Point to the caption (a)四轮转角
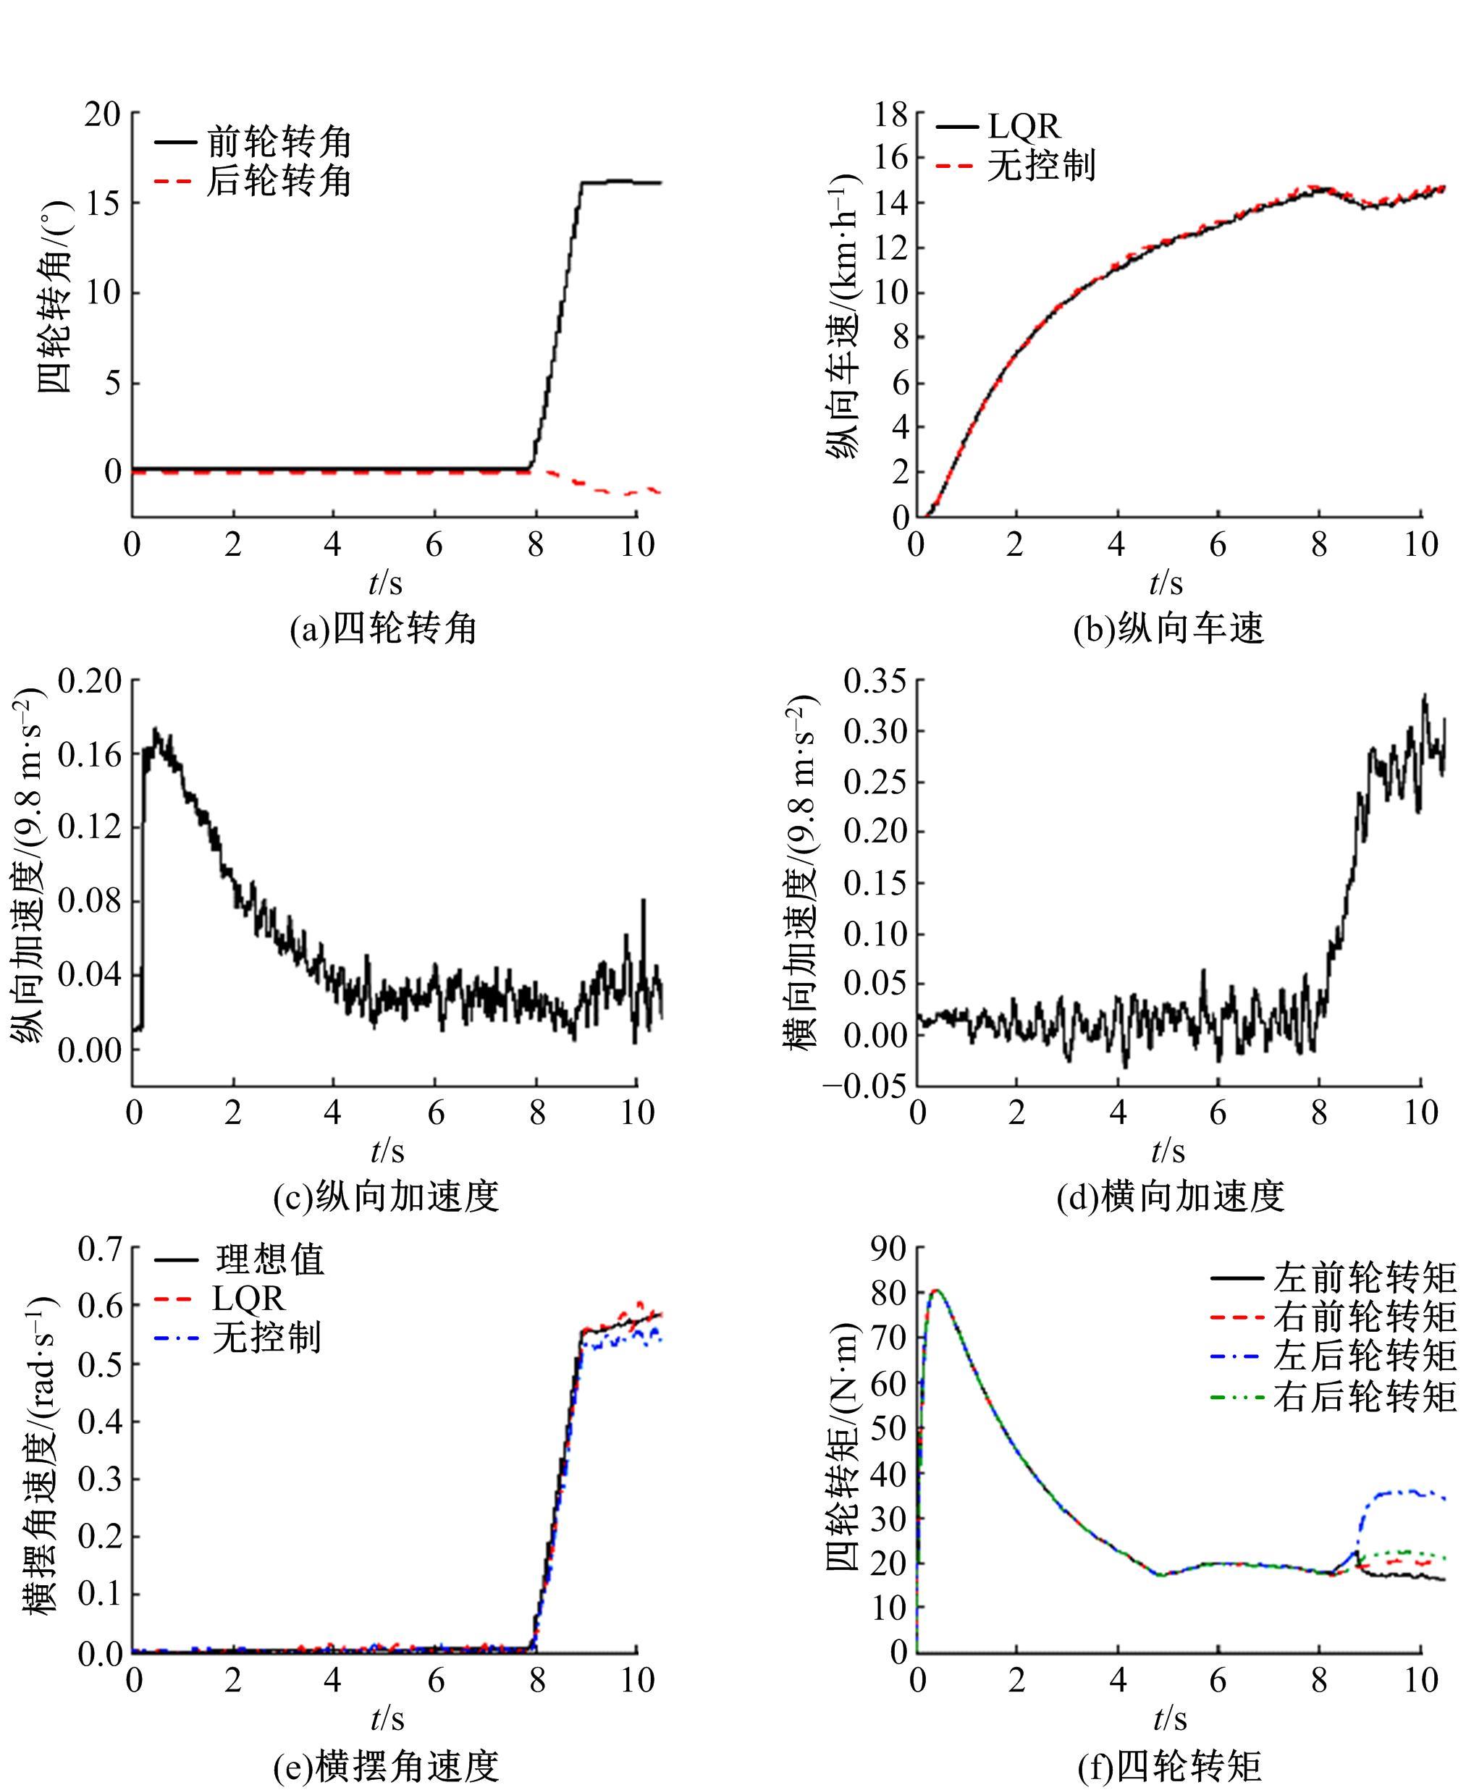pyautogui.click(x=384, y=628)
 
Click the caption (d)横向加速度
pyautogui.click(x=1171, y=1196)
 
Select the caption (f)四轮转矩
pyautogui.click(x=1170, y=1765)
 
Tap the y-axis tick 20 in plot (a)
pyautogui.click(x=102, y=114)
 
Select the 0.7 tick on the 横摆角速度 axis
pyautogui.click(x=101, y=1248)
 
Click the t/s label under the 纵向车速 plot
pyautogui.click(x=1166, y=583)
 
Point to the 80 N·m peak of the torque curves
pyautogui.click(x=935, y=1290)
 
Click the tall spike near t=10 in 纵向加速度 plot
pyautogui.click(x=644, y=901)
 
